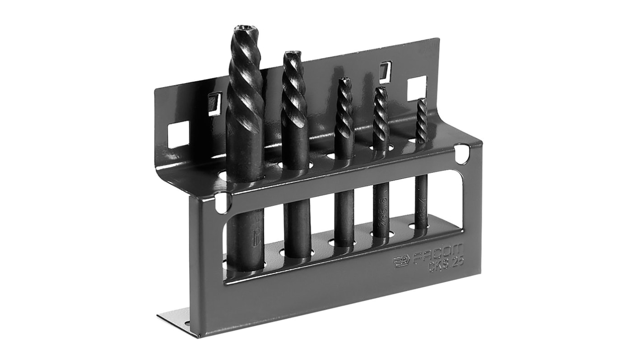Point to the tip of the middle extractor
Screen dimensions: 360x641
click(x=344, y=81)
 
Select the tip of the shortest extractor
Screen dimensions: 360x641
click(x=422, y=100)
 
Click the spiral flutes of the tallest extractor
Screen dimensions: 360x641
click(x=245, y=90)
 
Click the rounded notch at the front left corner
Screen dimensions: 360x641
click(x=222, y=202)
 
